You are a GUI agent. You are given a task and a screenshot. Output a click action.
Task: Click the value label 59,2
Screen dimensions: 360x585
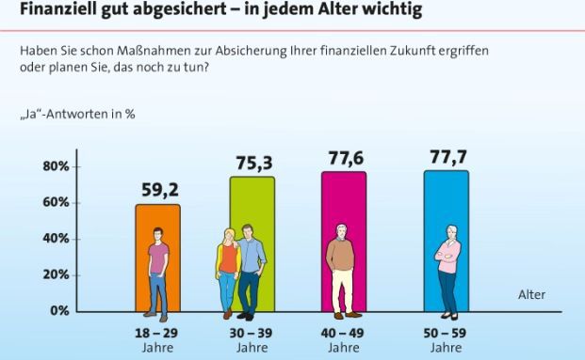click(159, 190)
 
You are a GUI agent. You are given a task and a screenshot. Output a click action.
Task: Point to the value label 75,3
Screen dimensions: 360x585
click(253, 162)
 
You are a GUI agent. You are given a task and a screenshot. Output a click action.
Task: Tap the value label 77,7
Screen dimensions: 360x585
click(448, 157)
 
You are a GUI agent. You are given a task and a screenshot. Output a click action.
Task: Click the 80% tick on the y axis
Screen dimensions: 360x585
click(56, 167)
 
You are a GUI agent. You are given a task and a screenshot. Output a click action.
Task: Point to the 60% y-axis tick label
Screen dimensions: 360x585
click(56, 203)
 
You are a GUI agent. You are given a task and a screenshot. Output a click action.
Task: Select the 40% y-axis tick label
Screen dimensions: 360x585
click(56, 239)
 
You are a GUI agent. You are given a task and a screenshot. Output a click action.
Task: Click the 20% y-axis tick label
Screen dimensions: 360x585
click(56, 274)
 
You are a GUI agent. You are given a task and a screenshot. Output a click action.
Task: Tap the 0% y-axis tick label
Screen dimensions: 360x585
click(58, 310)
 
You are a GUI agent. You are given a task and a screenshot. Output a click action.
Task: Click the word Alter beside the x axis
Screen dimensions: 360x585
click(531, 295)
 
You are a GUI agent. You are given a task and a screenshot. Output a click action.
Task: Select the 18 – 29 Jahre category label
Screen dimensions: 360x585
click(156, 339)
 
